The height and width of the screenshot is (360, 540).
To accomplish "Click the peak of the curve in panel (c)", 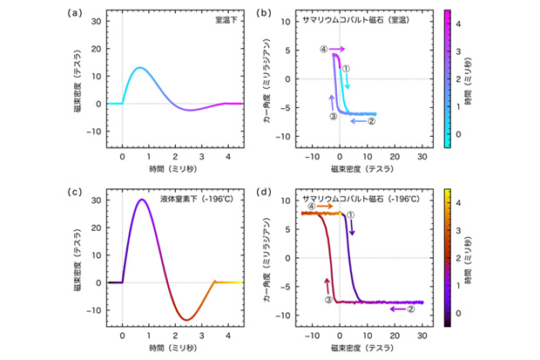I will tap(142, 200).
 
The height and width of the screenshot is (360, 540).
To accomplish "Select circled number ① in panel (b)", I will tap(346, 68).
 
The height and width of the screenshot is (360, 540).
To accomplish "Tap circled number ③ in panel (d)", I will tap(329, 299).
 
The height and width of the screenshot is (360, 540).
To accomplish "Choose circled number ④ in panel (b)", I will tap(323, 50).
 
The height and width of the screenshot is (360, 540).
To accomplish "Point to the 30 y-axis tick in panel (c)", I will tap(97, 200).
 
